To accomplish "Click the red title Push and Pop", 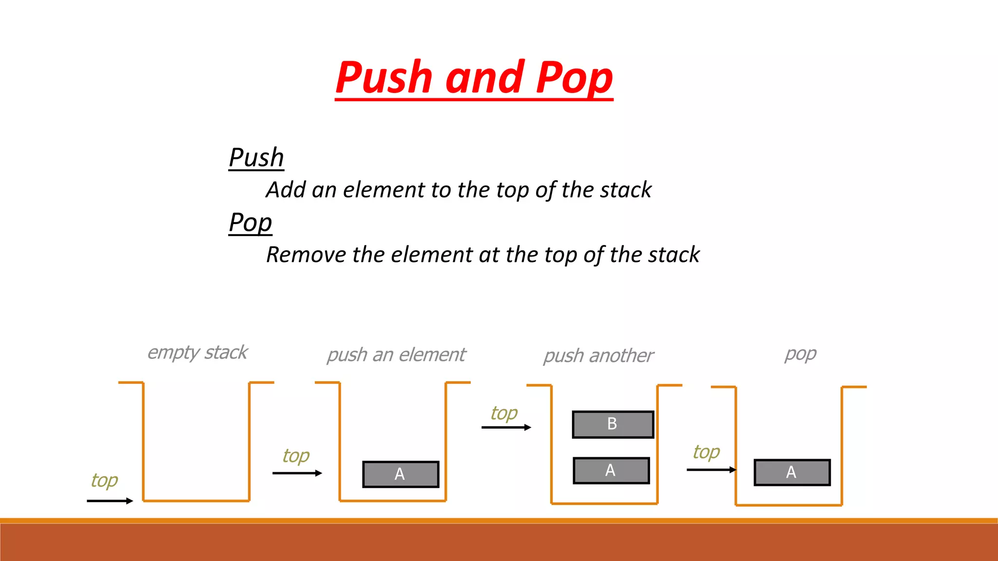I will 474,78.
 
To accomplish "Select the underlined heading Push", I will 256,158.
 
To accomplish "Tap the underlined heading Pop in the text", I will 250,223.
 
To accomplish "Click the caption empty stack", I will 197,353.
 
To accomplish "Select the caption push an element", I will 396,355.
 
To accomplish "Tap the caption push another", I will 598,356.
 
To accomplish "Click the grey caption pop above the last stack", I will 800,354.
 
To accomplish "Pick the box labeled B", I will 613,424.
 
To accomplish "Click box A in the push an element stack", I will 401,474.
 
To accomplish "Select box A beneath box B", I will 611,470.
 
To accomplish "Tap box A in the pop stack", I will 792,472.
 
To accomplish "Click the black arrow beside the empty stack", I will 110,501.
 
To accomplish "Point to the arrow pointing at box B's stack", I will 506,428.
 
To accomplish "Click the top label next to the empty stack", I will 104,481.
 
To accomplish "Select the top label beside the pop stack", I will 706,452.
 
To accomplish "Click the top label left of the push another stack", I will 504,413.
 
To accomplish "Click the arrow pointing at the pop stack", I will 711,470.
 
